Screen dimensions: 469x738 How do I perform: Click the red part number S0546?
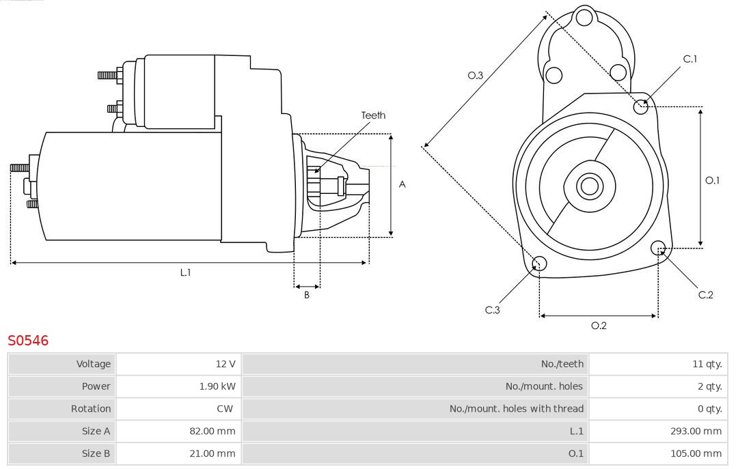point(28,340)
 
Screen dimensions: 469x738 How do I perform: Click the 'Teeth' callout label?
point(373,115)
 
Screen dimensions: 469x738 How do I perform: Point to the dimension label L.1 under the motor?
point(185,272)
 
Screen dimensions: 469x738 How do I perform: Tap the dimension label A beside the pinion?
point(402,184)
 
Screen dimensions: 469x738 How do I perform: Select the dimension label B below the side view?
point(307,296)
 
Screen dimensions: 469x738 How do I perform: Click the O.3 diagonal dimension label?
point(475,76)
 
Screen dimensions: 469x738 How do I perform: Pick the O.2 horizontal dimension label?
point(599,326)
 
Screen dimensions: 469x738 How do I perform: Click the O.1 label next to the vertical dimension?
point(712,180)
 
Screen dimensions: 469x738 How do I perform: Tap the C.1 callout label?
point(690,59)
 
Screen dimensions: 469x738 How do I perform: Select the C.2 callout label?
point(705,295)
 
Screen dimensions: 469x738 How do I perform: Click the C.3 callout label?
point(493,310)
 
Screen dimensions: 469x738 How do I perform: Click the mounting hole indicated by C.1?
point(641,106)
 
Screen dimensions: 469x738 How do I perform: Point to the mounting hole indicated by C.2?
point(658,247)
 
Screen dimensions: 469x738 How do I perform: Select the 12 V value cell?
point(225,364)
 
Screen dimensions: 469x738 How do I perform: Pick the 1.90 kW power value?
point(217,386)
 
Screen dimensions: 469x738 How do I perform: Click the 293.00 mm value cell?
point(696,431)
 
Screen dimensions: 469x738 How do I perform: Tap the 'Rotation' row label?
point(90,409)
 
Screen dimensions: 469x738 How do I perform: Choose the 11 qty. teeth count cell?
point(707,364)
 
